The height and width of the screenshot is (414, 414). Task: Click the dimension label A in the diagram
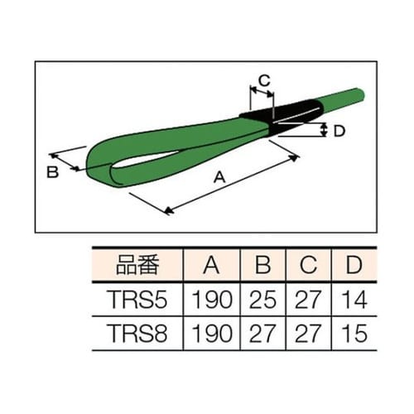(220, 176)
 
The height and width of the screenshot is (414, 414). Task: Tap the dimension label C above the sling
(264, 80)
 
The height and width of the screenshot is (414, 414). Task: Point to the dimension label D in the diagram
(337, 129)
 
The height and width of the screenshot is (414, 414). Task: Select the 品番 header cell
(134, 266)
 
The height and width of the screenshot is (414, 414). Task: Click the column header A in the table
(210, 266)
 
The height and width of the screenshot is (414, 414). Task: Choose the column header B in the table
(263, 266)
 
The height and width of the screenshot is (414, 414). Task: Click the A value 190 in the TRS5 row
(210, 298)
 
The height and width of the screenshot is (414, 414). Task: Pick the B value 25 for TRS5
(263, 298)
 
